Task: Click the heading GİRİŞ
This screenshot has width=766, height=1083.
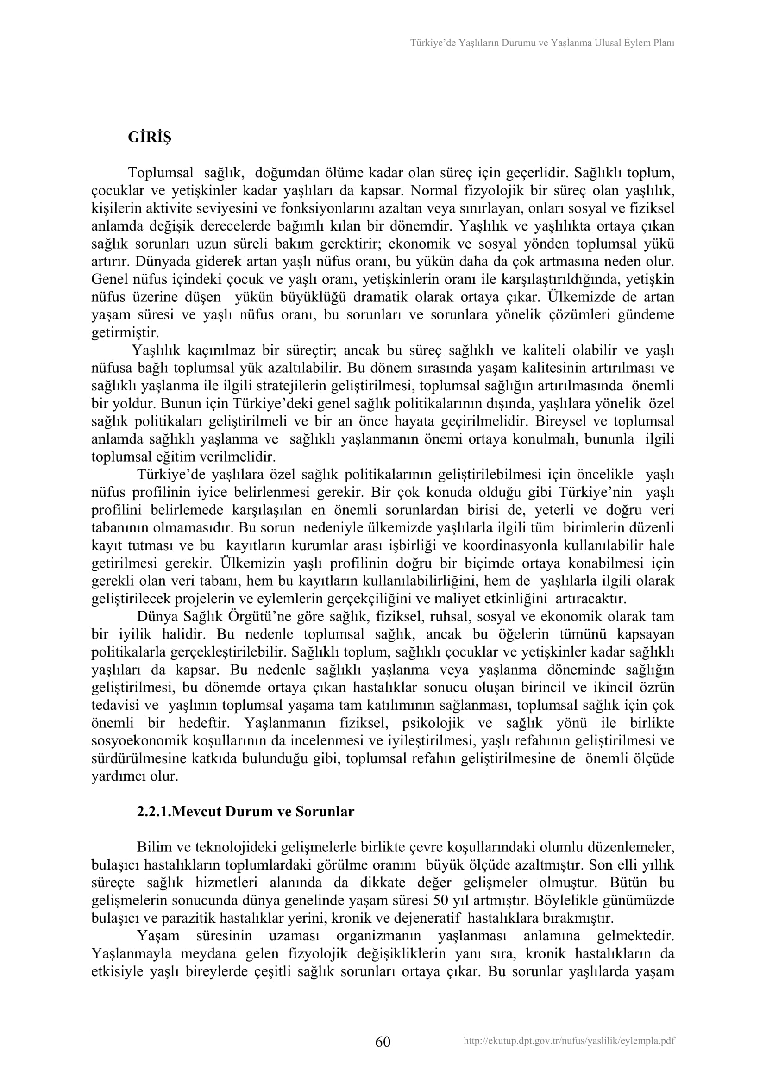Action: tap(150, 138)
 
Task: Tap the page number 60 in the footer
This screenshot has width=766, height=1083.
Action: tap(383, 1042)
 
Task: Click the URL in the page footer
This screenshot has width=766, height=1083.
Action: tap(569, 1041)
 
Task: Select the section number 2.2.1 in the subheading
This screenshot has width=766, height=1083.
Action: tap(152, 812)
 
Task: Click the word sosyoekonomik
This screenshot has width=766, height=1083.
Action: tap(141, 741)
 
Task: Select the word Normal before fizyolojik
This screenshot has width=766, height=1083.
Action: tap(434, 191)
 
